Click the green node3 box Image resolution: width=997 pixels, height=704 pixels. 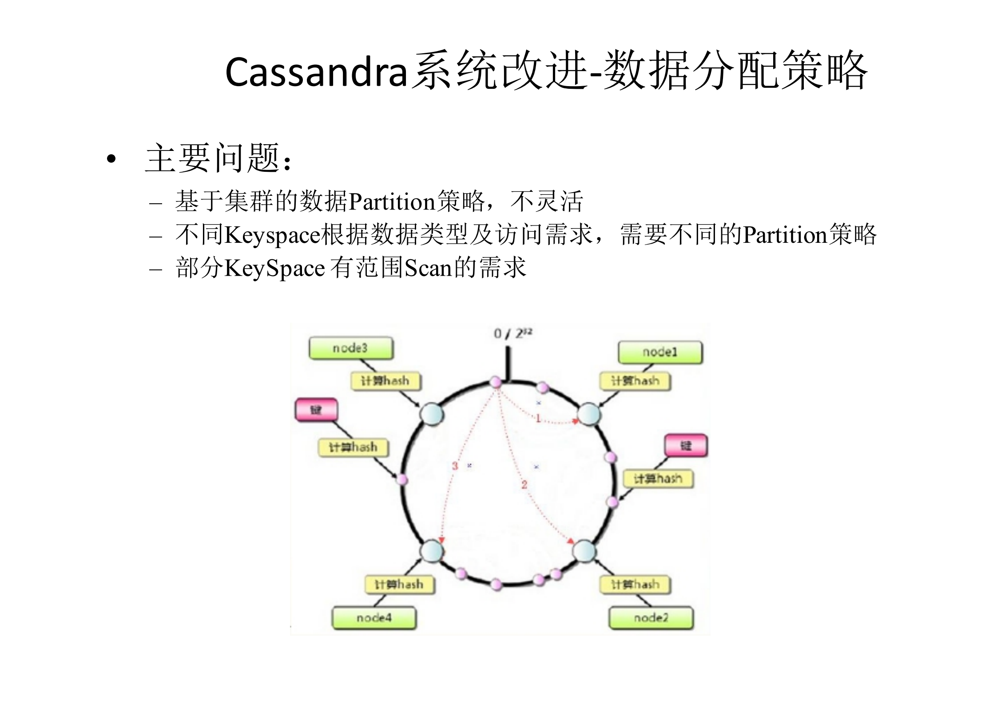(x=351, y=348)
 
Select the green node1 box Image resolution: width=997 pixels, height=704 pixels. (x=660, y=352)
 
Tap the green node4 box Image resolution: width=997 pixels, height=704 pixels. (x=374, y=617)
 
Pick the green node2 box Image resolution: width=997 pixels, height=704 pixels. (x=651, y=617)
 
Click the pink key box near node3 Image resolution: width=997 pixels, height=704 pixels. (x=316, y=409)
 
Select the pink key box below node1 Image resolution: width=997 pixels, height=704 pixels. (x=686, y=445)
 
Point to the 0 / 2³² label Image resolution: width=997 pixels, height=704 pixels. (x=512, y=333)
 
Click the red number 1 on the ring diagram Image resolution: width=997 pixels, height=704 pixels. (x=538, y=418)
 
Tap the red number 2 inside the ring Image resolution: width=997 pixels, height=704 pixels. (x=524, y=485)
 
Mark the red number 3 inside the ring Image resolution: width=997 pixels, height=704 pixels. (x=455, y=466)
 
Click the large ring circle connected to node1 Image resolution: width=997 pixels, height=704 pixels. (x=589, y=415)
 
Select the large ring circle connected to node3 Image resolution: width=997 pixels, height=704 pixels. (x=432, y=415)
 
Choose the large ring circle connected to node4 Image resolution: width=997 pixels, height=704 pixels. (x=431, y=551)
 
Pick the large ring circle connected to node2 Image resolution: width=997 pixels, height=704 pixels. (x=584, y=551)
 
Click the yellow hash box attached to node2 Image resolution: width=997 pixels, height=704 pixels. (x=635, y=584)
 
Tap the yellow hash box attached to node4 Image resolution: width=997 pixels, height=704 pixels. (x=399, y=584)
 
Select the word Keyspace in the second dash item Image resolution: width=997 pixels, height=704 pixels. (x=272, y=235)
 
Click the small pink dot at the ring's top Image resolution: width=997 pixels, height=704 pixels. (x=496, y=382)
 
